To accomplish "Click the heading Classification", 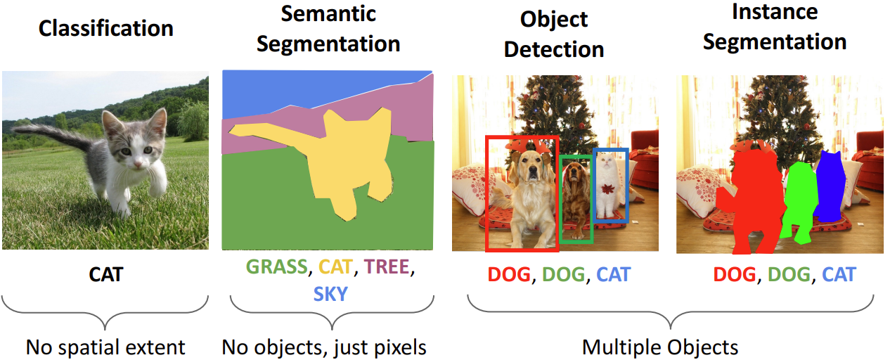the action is (x=105, y=28).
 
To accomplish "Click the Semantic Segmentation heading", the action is (x=328, y=28).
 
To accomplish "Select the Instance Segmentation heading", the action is (x=775, y=27).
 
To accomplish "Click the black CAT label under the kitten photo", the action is (x=106, y=274).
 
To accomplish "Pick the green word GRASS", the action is (x=276, y=267).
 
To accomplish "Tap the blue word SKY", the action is (x=330, y=292).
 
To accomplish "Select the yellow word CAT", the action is (x=337, y=267).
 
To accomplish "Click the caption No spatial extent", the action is (x=105, y=347).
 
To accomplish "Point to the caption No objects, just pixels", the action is (x=324, y=347).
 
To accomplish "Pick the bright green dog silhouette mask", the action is (x=799, y=200).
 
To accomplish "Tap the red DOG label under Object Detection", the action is (x=508, y=274).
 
